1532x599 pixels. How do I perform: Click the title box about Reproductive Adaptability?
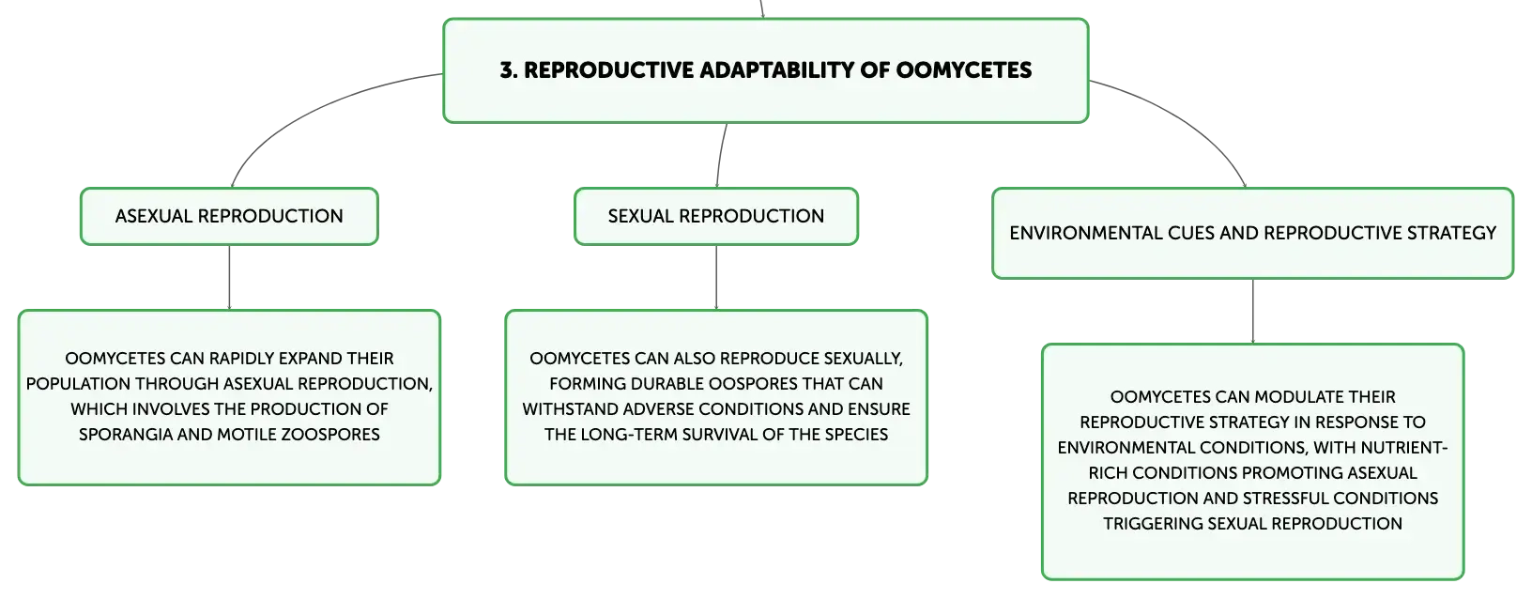(x=765, y=70)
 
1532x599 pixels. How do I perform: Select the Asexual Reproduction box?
(x=229, y=216)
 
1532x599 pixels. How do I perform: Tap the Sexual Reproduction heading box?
(x=716, y=216)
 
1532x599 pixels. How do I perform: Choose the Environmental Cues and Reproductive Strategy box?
(x=1252, y=233)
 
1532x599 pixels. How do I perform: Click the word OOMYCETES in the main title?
(x=964, y=69)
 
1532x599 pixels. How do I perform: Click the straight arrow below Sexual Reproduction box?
(x=716, y=278)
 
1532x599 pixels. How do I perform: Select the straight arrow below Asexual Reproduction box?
(x=229, y=278)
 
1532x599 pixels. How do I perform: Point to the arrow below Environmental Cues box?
(x=1253, y=312)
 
